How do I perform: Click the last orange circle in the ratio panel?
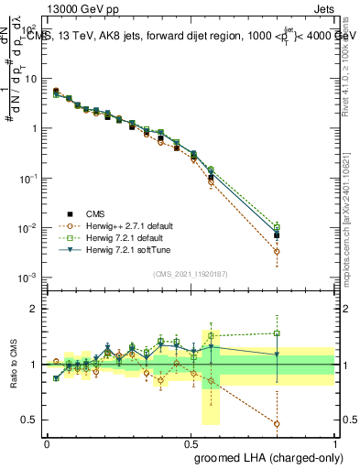coord(277,424)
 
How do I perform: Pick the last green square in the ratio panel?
coord(277,333)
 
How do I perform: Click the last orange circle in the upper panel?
coord(277,251)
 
